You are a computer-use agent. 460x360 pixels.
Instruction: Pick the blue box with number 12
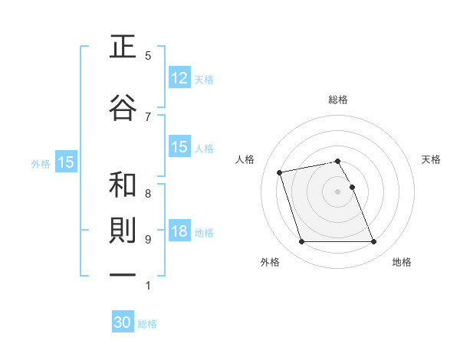179,77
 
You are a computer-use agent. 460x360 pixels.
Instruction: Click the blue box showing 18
179,232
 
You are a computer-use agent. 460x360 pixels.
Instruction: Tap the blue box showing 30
123,323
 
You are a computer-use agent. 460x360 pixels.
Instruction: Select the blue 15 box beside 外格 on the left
66,162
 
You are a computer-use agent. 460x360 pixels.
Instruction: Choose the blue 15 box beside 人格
179,147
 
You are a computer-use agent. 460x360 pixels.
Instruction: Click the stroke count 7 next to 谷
148,116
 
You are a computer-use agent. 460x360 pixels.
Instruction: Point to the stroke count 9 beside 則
148,240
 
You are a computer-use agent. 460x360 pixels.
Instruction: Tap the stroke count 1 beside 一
148,286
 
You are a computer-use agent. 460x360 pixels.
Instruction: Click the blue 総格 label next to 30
148,324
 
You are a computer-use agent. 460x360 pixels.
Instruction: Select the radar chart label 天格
431,159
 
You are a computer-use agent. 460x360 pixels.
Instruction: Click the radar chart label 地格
402,262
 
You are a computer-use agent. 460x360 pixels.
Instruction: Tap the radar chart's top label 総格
338,100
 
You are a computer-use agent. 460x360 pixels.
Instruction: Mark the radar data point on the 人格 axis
280,172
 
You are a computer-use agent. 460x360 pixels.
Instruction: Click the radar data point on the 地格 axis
373,242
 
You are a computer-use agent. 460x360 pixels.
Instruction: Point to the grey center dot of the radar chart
338,191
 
